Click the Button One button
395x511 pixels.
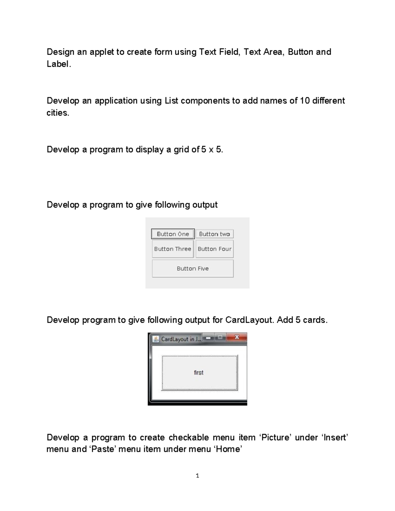[173, 234]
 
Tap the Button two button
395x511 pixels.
[215, 234]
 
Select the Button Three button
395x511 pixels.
[173, 249]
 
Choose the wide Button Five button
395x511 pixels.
[193, 268]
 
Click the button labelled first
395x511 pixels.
[199, 373]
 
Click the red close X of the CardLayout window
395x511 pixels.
[237, 337]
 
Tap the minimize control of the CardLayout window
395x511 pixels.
[208, 338]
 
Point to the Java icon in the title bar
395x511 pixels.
[156, 339]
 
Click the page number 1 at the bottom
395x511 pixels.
[197, 476]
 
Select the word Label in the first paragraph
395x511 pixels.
[58, 64]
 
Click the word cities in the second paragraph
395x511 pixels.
[57, 113]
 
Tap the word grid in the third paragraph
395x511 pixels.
[181, 150]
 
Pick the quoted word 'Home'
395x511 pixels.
[228, 449]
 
